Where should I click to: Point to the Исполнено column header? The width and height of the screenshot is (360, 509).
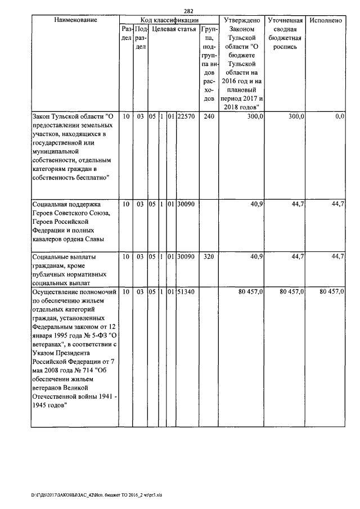pyautogui.click(x=326, y=20)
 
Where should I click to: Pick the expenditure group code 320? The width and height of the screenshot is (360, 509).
pyautogui.click(x=209, y=256)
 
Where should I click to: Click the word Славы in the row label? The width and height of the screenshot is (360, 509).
pyautogui.click(x=102, y=240)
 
